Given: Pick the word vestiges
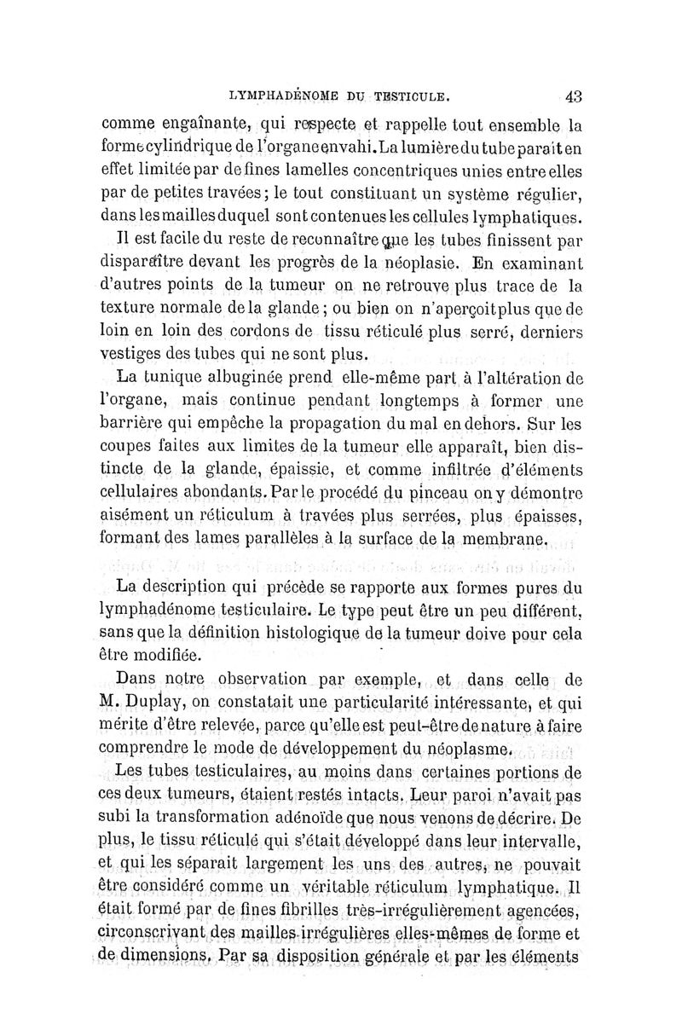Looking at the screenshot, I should pos(138,354).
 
